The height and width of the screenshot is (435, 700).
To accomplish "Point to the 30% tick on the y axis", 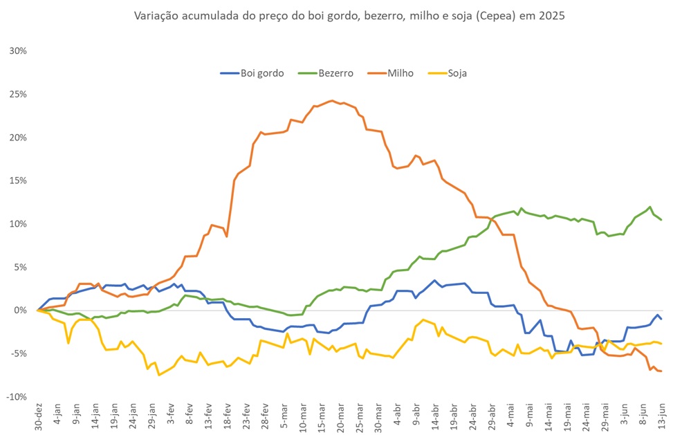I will (x=18, y=51).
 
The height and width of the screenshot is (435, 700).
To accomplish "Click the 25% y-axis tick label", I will (x=18, y=94).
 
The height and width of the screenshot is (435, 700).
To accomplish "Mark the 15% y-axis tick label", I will (x=18, y=181).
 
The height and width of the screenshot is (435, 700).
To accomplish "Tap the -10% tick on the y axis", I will (x=17, y=396).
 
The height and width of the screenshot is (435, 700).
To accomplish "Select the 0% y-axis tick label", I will (x=21, y=310).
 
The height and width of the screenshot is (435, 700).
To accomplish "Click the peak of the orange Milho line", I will (x=332, y=100).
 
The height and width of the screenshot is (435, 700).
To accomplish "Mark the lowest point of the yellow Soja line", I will (x=159, y=375).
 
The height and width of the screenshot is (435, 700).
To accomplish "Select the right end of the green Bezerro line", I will (x=662, y=220).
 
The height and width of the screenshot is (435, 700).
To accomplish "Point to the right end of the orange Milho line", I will (x=661, y=371).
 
